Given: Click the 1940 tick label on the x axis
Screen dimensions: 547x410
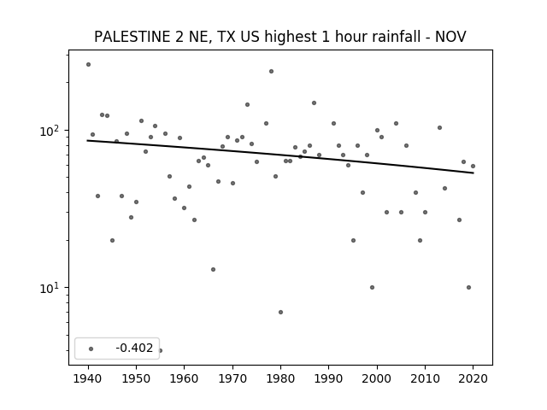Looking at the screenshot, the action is (x=88, y=378).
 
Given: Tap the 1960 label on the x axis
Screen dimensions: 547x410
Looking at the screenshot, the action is (x=185, y=378).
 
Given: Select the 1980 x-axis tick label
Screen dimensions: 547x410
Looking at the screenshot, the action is (x=280, y=378).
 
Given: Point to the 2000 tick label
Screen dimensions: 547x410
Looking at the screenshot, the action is (x=377, y=378).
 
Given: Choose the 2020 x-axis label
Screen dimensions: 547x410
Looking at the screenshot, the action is (x=473, y=378).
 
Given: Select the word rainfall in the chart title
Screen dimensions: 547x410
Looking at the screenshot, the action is (x=403, y=37).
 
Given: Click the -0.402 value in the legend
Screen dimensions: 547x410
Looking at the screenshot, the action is (x=134, y=348).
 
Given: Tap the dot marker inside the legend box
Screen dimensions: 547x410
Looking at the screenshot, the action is (x=91, y=348).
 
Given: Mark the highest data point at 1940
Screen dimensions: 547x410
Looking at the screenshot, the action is (x=88, y=65).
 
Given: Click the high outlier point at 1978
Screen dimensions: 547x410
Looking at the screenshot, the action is (x=271, y=72).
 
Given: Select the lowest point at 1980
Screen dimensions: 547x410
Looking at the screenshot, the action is (x=280, y=312).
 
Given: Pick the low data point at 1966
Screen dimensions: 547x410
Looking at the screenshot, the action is (x=213, y=270).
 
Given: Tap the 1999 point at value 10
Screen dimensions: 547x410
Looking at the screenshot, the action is (x=372, y=287).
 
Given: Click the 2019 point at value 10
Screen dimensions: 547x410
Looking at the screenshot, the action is (x=468, y=287).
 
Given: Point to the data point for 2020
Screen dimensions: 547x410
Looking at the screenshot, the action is (x=473, y=167).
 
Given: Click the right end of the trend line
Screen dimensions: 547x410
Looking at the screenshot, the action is (x=473, y=173).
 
